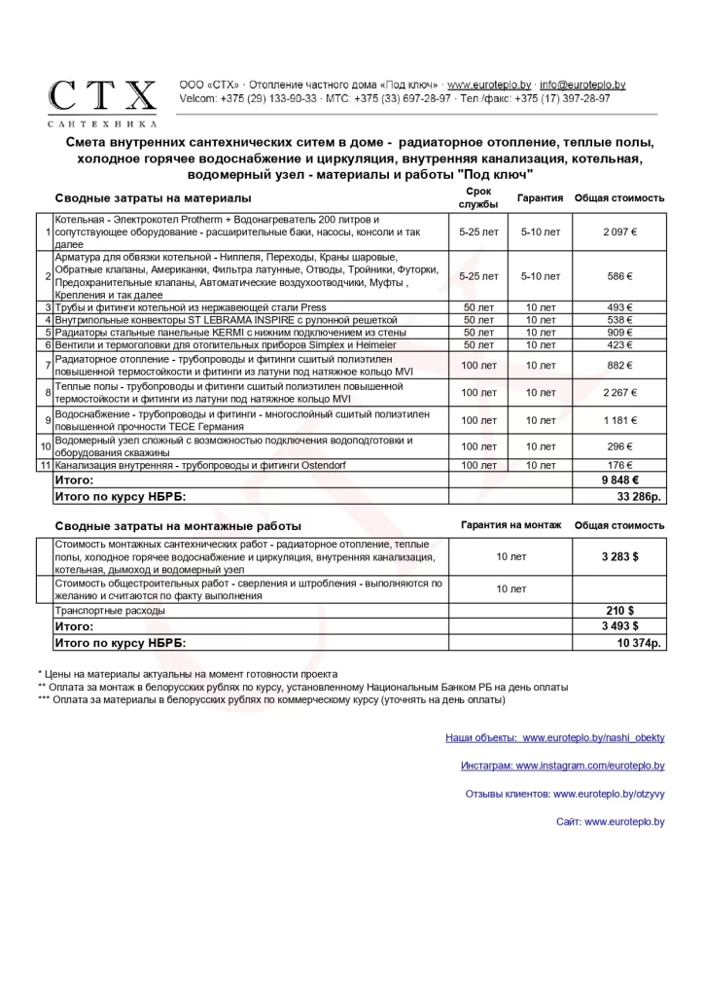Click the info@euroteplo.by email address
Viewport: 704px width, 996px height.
coord(582,86)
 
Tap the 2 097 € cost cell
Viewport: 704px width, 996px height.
coord(618,232)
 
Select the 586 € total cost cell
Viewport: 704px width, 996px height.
coord(618,276)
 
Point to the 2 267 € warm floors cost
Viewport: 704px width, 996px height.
coord(618,393)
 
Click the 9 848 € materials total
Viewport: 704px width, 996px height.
coord(619,480)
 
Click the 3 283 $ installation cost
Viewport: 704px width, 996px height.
coord(619,556)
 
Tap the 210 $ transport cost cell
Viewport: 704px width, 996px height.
coord(619,610)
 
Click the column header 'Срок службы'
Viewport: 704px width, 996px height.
coord(478,198)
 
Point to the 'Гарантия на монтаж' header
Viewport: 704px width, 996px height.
coord(510,525)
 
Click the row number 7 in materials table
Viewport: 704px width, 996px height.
coord(47,366)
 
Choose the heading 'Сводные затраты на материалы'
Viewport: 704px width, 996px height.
coord(146,198)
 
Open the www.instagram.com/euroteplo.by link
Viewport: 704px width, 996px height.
coord(589,766)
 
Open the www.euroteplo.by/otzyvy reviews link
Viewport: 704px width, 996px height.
coord(609,795)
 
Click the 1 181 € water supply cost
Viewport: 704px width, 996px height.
coord(618,420)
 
